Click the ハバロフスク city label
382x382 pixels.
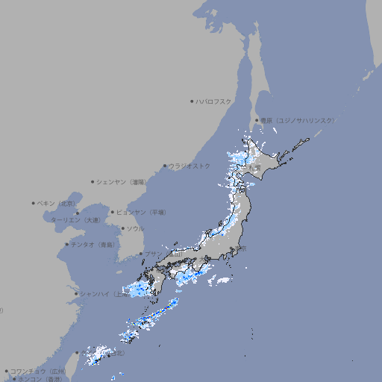(214, 101)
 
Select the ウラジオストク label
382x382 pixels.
(190, 166)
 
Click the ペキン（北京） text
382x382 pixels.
(57, 203)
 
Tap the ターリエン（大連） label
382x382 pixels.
(75, 220)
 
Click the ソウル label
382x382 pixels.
(135, 228)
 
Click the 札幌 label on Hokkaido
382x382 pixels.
(256, 156)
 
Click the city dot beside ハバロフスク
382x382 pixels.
(192, 101)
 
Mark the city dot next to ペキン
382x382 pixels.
(34, 203)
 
